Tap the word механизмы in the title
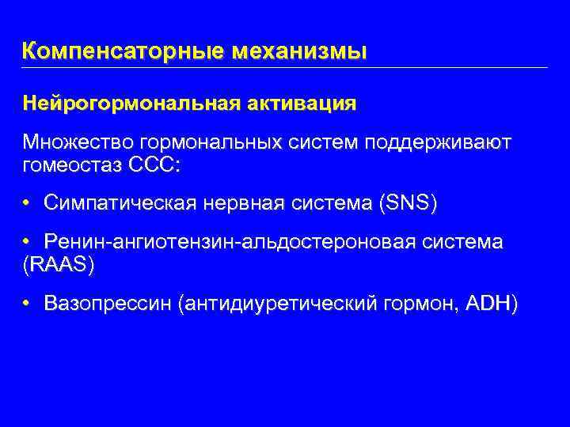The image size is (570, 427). point(300,52)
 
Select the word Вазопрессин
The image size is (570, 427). point(109,304)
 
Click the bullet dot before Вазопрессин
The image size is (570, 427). point(27,304)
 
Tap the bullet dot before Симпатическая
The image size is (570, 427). point(27,203)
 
